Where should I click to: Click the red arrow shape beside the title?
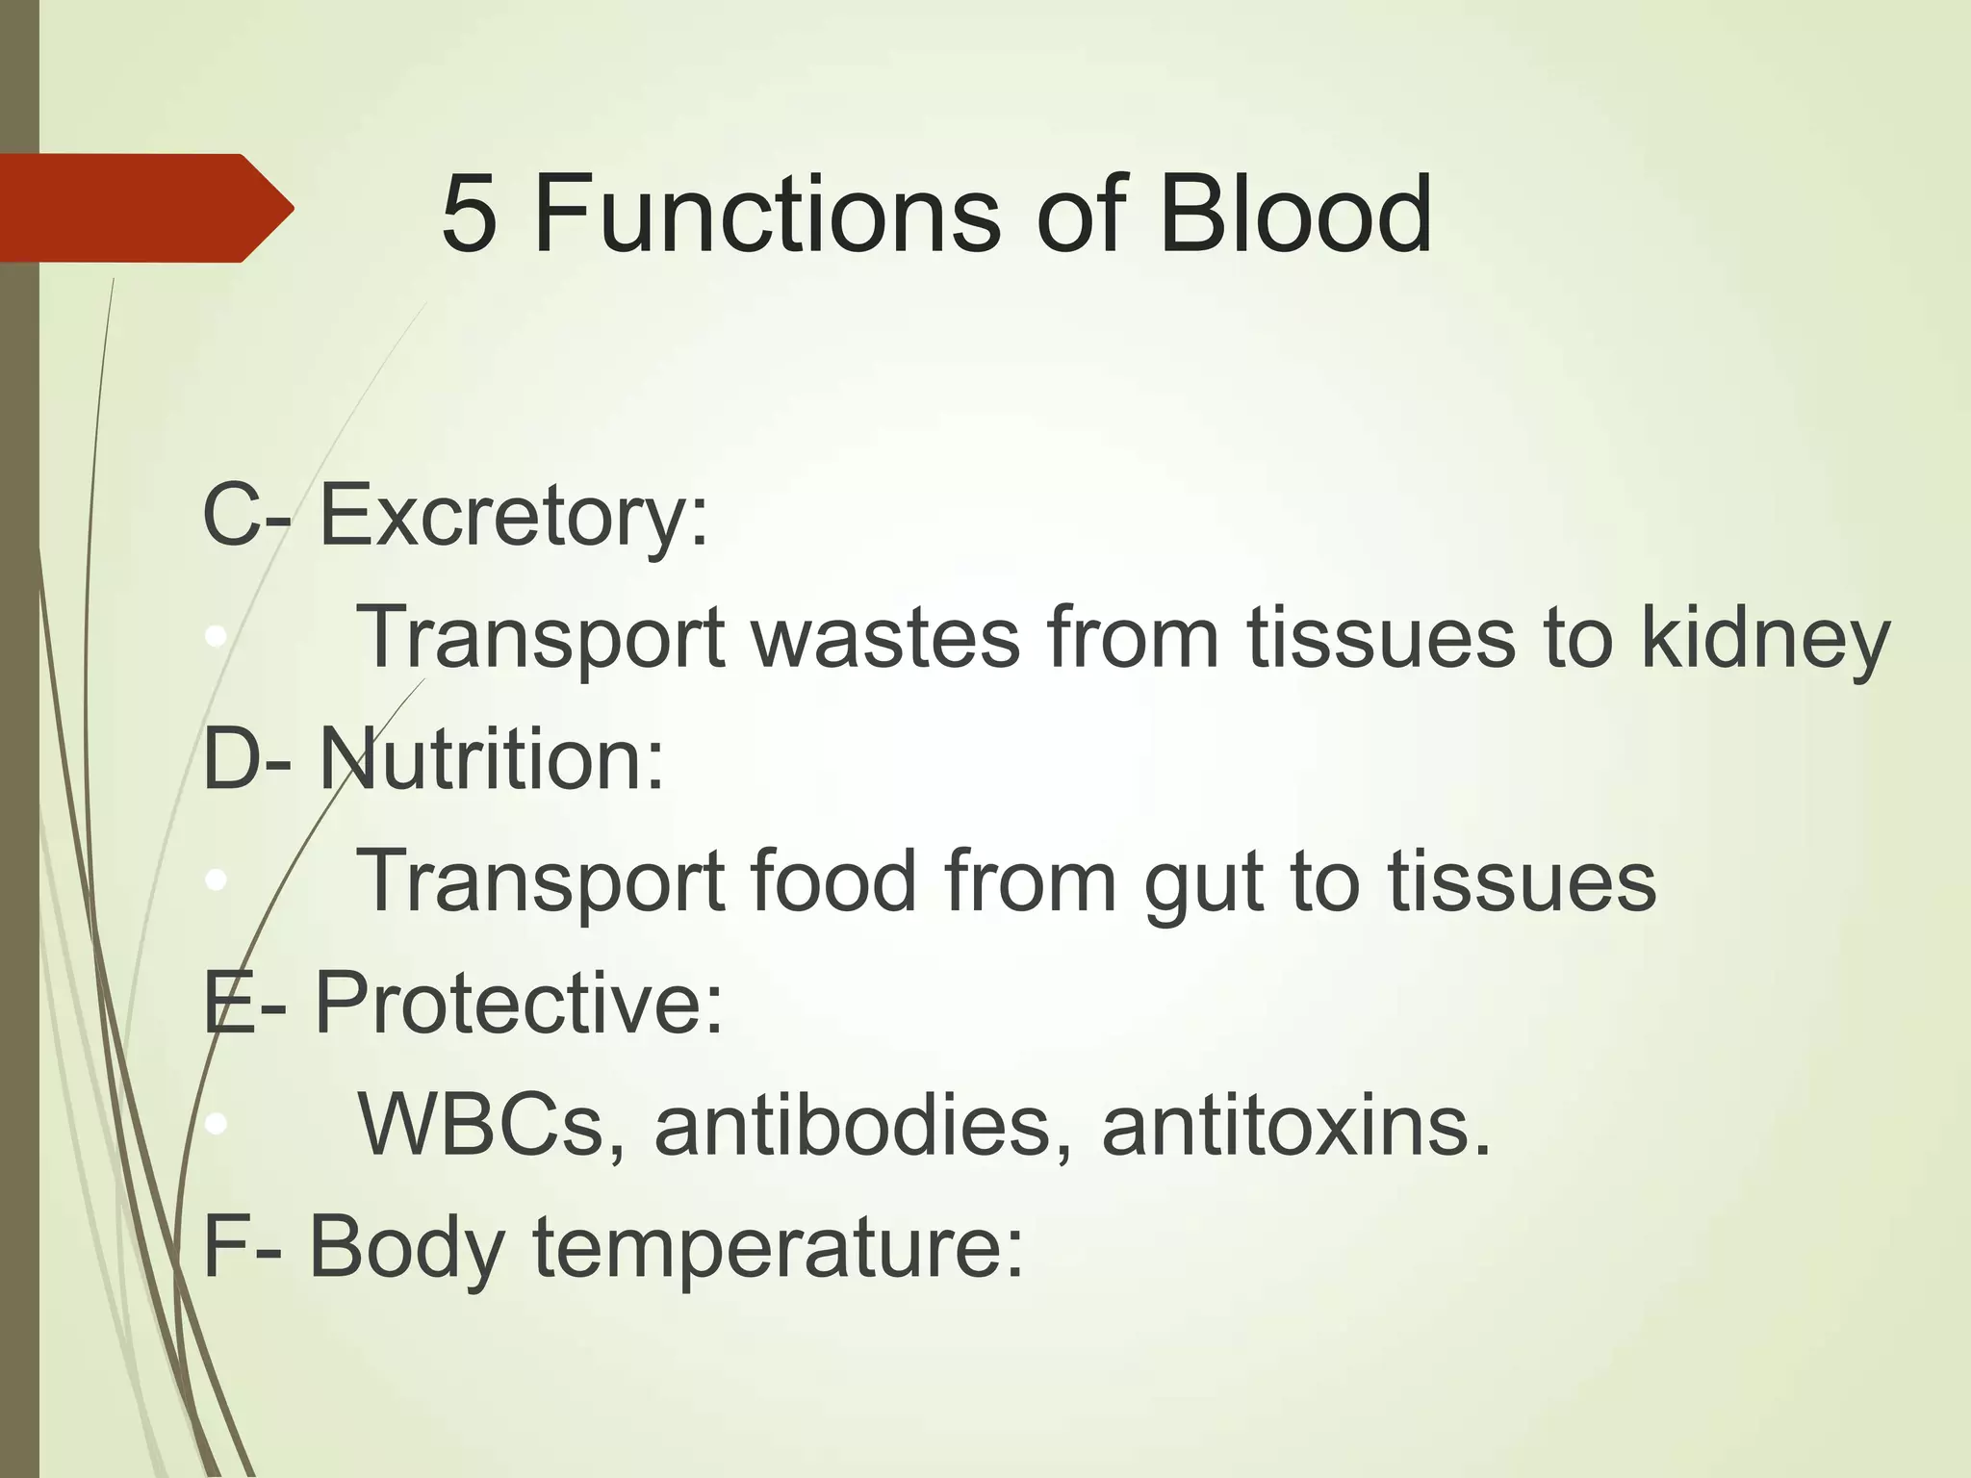point(144,208)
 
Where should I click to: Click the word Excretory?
point(513,517)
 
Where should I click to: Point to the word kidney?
point(1765,639)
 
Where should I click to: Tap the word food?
point(833,881)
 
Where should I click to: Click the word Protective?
point(518,1004)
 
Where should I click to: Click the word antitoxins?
point(1295,1126)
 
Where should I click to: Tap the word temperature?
point(778,1249)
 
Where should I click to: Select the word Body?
point(407,1249)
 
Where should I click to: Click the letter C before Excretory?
point(231,517)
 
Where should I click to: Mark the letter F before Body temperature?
point(224,1248)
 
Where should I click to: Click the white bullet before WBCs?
point(217,1123)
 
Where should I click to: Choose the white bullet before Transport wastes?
point(217,636)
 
